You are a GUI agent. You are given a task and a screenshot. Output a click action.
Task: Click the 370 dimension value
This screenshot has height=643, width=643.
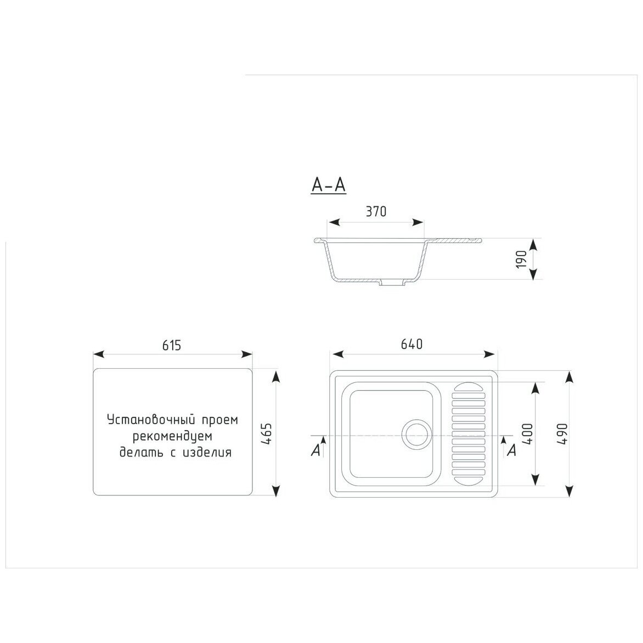pyautogui.click(x=376, y=212)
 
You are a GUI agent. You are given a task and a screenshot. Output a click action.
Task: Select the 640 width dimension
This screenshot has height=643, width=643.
pyautogui.click(x=411, y=344)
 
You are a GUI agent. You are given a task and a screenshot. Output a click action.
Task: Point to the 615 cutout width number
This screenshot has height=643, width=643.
pyautogui.click(x=171, y=345)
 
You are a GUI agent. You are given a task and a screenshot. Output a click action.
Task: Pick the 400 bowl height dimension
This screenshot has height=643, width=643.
pyautogui.click(x=527, y=434)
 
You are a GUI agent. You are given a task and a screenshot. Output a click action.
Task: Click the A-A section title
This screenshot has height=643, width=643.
pyautogui.click(x=329, y=185)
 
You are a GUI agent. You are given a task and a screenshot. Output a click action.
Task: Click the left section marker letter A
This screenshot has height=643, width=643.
pyautogui.click(x=315, y=450)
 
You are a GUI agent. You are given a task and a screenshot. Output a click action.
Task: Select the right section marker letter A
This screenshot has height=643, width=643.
pyautogui.click(x=511, y=450)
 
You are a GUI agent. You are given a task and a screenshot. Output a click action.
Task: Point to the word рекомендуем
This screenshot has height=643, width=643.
pyautogui.click(x=172, y=436)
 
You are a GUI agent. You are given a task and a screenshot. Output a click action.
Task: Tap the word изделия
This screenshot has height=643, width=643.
pyautogui.click(x=207, y=452)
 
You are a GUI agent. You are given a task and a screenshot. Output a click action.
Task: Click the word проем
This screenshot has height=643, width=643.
pyautogui.click(x=220, y=420)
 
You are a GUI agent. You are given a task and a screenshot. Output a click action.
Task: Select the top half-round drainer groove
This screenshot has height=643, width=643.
pyautogui.click(x=469, y=387)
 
